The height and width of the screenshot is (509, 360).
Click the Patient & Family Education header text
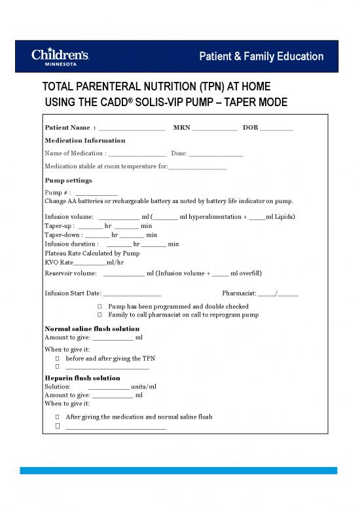coord(261,57)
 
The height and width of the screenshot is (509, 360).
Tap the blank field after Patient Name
coord(132,127)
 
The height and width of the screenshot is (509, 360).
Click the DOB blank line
coord(276,127)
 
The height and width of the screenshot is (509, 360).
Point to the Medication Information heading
coord(84,140)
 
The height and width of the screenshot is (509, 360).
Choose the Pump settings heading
coord(68,180)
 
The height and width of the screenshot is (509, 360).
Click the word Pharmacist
coord(239,293)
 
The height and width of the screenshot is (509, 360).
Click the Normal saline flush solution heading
coord(91,328)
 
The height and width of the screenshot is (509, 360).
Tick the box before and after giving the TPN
coord(58,359)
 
